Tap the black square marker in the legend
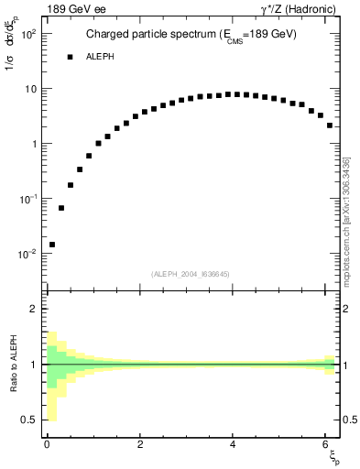[70, 57]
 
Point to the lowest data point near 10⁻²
[52, 245]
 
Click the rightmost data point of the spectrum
[330, 125]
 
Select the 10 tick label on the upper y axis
[29, 89]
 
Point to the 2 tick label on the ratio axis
[33, 309]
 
